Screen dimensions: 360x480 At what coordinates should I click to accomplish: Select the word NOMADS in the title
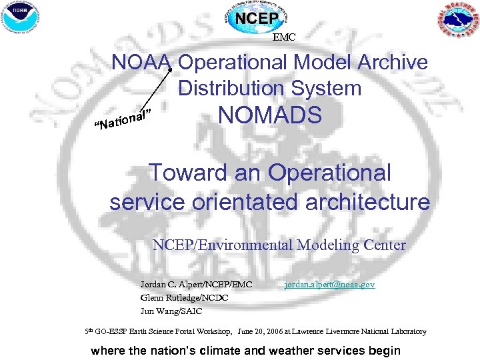pos(270,115)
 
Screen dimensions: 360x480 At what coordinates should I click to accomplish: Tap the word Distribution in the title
pos(229,88)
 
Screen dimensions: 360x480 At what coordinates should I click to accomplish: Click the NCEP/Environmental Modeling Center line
pos(279,245)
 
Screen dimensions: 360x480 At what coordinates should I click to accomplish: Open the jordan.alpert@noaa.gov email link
pos(329,285)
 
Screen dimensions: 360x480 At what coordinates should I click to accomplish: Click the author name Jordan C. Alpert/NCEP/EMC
pos(197,285)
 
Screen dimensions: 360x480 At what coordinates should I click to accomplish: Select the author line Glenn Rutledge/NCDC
pos(185,298)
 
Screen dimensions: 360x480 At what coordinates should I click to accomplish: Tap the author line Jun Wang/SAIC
pos(171,311)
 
